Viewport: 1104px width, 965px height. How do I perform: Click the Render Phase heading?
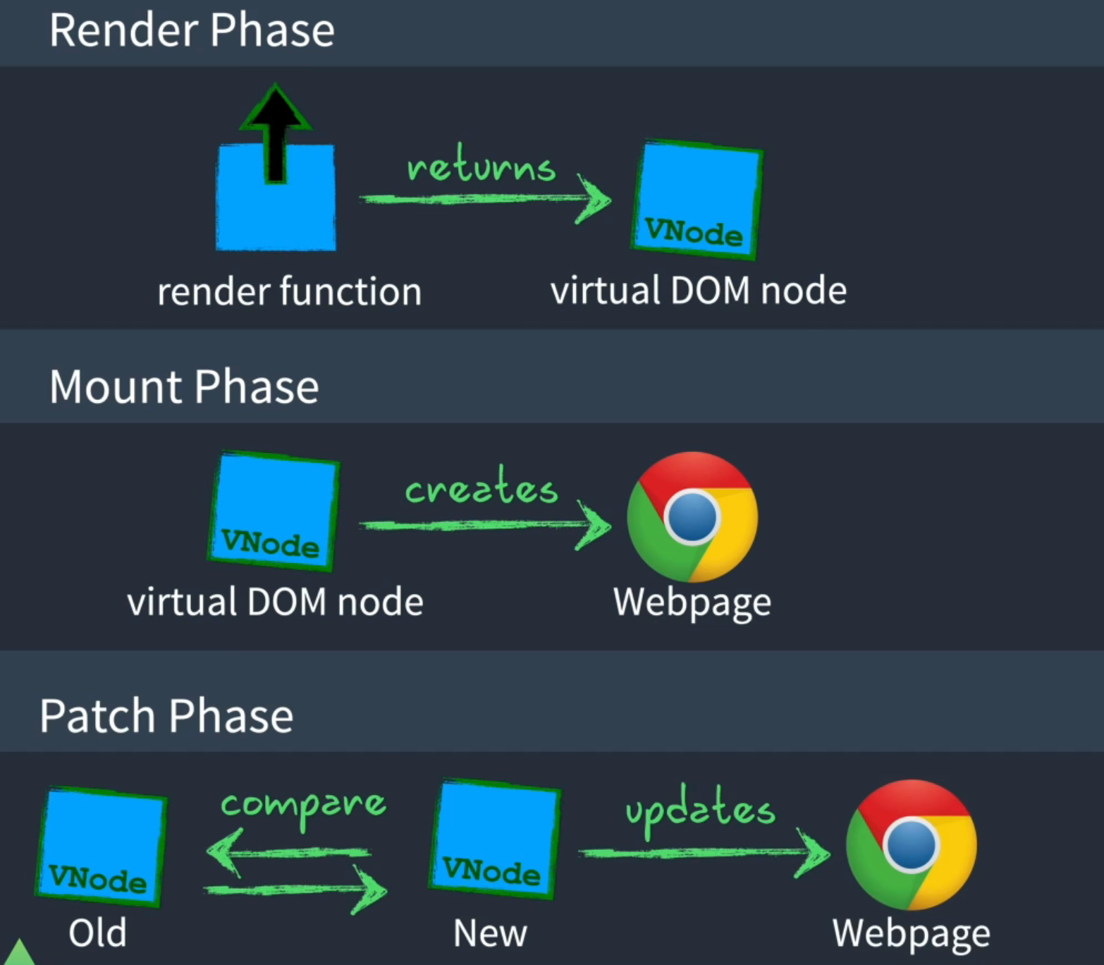[192, 31]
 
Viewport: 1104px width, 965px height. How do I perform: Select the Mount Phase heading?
[184, 387]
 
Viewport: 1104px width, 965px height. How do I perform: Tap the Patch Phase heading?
[166, 716]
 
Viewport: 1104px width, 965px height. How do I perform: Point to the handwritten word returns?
[482, 166]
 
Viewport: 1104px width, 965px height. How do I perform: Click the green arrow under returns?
[485, 200]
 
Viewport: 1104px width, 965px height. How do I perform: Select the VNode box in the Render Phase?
[697, 199]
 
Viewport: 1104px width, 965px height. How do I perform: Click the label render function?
[289, 292]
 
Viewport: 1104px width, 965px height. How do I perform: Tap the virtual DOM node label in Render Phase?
[699, 291]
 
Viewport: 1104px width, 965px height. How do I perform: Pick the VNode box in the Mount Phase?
[274, 510]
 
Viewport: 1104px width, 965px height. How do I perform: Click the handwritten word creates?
[482, 487]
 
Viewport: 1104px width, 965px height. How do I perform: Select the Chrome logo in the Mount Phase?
[692, 516]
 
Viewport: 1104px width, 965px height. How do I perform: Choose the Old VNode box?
[100, 846]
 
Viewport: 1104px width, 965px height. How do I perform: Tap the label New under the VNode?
[490, 933]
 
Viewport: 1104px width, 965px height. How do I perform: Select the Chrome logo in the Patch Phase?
[911, 844]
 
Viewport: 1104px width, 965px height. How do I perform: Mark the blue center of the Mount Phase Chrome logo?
[692, 516]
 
